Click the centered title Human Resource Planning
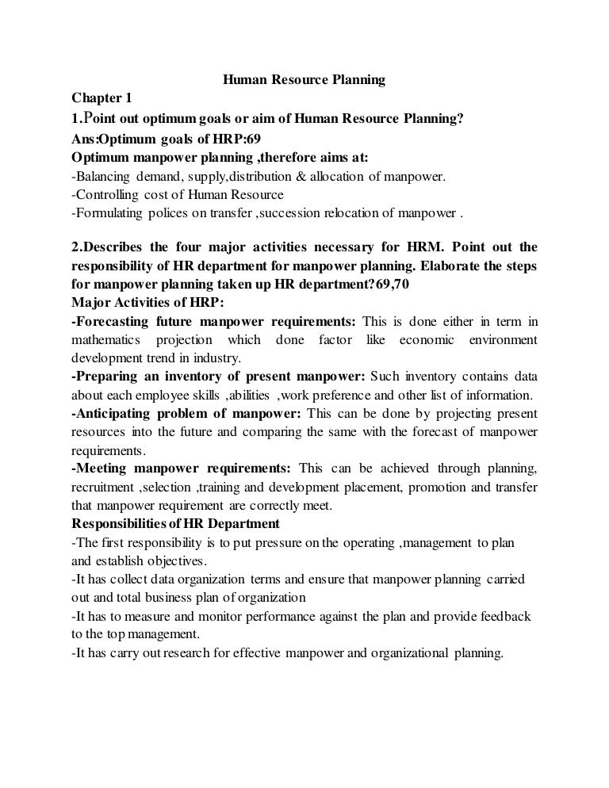pyautogui.click(x=303, y=80)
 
